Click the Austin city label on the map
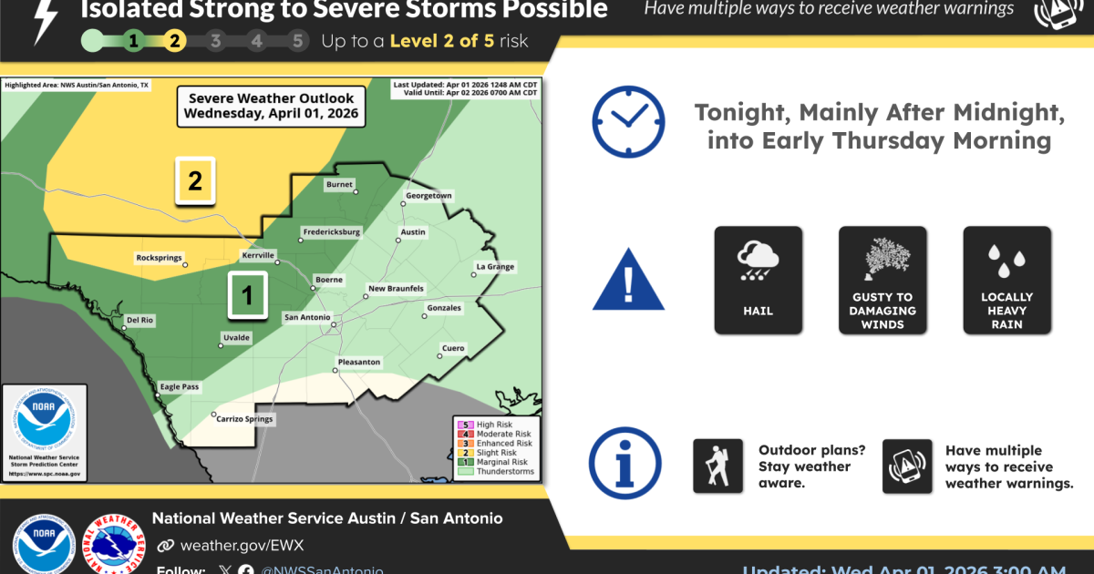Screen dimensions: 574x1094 [413, 232]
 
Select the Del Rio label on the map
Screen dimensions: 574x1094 [139, 320]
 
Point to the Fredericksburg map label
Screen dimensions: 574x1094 [330, 232]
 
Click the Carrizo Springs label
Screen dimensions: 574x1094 [243, 419]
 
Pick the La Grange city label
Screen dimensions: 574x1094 [495, 267]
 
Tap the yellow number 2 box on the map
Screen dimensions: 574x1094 [195, 180]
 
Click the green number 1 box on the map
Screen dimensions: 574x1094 [247, 295]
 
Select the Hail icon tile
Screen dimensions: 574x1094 [758, 279]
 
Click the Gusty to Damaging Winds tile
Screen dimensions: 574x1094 [882, 279]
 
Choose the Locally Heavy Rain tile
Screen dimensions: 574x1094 [1006, 279]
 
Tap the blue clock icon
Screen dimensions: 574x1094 [628, 121]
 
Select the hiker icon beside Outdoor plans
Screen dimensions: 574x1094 [717, 466]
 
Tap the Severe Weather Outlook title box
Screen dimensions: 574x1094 [271, 107]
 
